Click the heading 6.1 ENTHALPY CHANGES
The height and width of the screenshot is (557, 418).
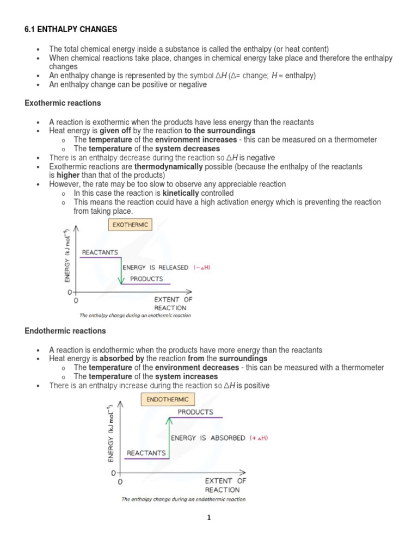coord(71,29)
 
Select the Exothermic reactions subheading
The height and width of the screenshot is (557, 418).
coord(63,103)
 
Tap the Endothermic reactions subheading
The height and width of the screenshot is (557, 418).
coord(65,331)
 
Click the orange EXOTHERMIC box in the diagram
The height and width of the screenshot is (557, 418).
coord(130,224)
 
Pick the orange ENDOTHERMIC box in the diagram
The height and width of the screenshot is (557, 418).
coord(167,399)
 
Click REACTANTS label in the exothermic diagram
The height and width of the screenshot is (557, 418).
coord(100,252)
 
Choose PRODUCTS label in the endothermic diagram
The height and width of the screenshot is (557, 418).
coord(195,412)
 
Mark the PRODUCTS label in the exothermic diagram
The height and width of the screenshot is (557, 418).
coord(146,278)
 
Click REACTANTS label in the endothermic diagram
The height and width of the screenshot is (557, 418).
coord(146,453)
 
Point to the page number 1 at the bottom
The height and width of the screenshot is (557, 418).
coord(208,518)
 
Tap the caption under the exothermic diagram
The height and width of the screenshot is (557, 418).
coord(135,315)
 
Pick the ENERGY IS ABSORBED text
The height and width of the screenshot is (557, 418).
coord(208,438)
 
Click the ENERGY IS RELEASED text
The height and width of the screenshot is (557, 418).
coord(155,267)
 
